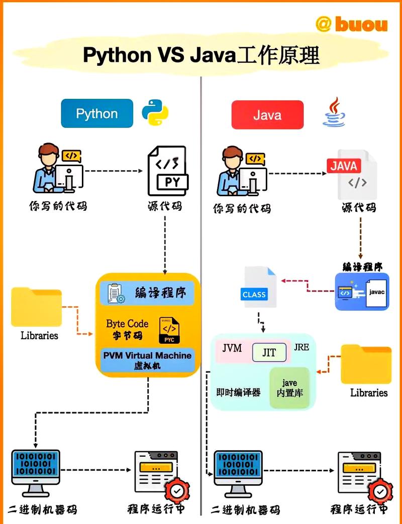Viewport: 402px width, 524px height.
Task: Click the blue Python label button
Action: point(97,113)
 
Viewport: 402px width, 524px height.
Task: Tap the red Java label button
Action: point(267,115)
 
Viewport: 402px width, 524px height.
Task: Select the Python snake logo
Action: point(155,112)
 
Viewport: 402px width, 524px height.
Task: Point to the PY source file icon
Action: point(167,171)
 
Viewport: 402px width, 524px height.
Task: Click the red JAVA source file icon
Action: point(352,173)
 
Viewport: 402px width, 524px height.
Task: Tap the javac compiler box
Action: point(362,292)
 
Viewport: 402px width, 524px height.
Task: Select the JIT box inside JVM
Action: point(269,352)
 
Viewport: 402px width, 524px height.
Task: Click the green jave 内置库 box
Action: point(289,388)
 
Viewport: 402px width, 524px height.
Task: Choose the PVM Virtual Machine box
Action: point(148,360)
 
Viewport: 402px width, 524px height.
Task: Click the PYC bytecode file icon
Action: point(169,330)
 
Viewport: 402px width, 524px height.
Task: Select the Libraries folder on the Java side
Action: point(366,364)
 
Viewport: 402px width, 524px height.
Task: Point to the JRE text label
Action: point(301,347)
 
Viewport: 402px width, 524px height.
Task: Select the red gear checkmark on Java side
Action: point(381,490)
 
